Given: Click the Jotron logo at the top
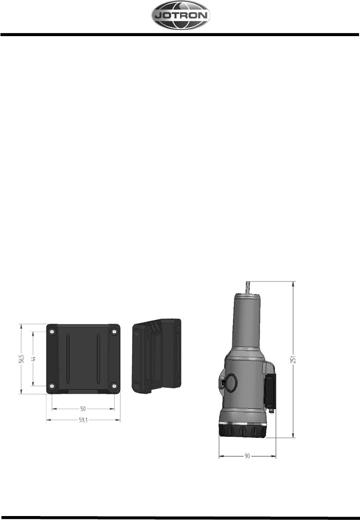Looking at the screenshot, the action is point(180,15).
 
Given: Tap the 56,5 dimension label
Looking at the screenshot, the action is point(21,359).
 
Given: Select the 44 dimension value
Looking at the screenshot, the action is point(33,359).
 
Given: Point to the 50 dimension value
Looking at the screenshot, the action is point(83,409).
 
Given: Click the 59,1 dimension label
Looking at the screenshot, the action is point(83,420).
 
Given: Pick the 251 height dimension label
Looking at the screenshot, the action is point(293,360).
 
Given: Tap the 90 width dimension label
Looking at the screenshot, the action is point(247,456).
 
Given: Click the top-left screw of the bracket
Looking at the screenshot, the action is point(52,331).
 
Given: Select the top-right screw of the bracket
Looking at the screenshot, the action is point(114,331).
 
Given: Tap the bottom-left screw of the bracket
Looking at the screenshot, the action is point(52,386).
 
